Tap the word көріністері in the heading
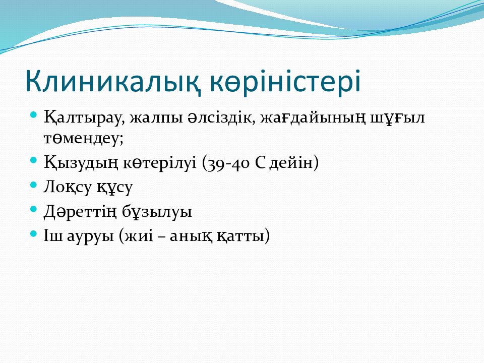(x=285, y=82)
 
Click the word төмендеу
(x=83, y=138)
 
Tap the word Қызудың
(x=81, y=162)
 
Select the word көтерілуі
(x=160, y=162)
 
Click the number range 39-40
(x=228, y=162)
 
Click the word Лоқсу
(x=68, y=187)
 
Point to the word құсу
(x=114, y=188)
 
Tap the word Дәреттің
(x=81, y=211)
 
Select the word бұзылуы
(x=157, y=212)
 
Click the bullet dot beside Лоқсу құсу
(x=34, y=185)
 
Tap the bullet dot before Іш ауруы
(x=34, y=233)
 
